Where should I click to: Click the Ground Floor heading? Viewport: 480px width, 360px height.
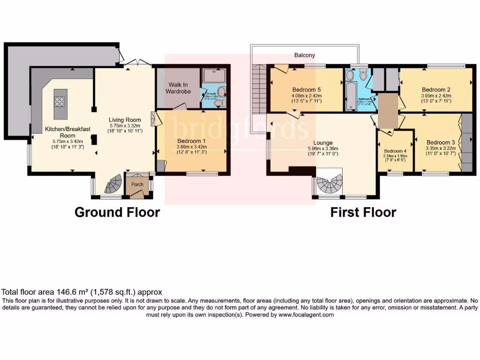(x=117, y=212)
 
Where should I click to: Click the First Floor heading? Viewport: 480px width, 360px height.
(x=363, y=212)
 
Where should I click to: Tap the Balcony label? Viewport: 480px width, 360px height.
(x=305, y=55)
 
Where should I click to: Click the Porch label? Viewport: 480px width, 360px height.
(x=137, y=184)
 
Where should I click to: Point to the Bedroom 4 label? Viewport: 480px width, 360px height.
(x=395, y=151)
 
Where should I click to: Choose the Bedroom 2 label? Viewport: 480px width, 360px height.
(x=436, y=90)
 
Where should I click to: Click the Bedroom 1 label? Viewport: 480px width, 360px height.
(x=192, y=141)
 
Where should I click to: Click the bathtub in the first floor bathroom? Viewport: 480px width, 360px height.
(x=351, y=97)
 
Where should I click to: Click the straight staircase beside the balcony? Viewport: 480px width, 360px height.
(x=259, y=89)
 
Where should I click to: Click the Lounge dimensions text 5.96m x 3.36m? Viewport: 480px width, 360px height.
(x=323, y=150)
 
